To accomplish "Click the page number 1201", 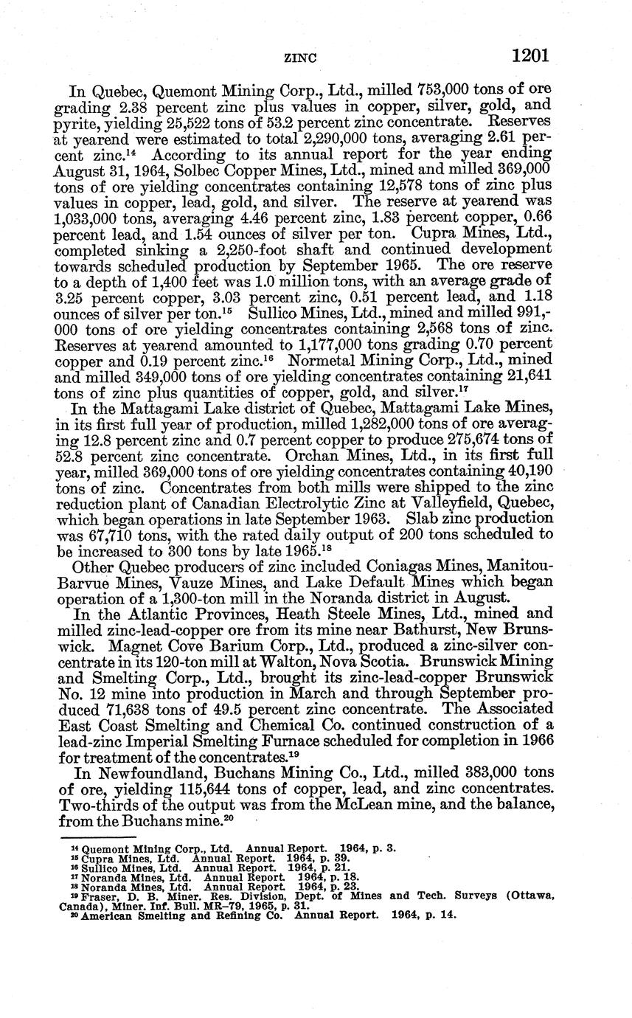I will (x=529, y=55).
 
